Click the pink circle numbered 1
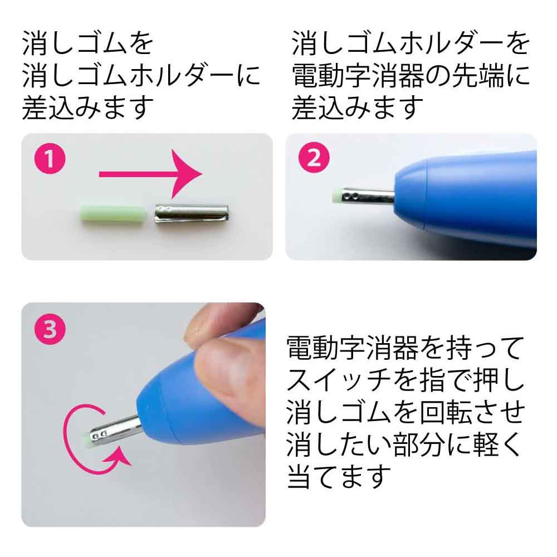click(x=50, y=158)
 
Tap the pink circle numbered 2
click(x=314, y=158)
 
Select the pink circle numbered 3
click(x=50, y=329)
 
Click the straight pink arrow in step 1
click(x=150, y=174)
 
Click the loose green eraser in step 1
click(x=113, y=214)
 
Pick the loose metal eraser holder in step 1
click(x=192, y=214)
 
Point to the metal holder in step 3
click(x=114, y=429)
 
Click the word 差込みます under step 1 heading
click(x=88, y=107)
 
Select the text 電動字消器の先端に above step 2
click(x=411, y=75)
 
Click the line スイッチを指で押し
click(x=405, y=380)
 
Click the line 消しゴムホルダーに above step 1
click(x=141, y=75)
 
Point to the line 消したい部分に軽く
click(x=404, y=444)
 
